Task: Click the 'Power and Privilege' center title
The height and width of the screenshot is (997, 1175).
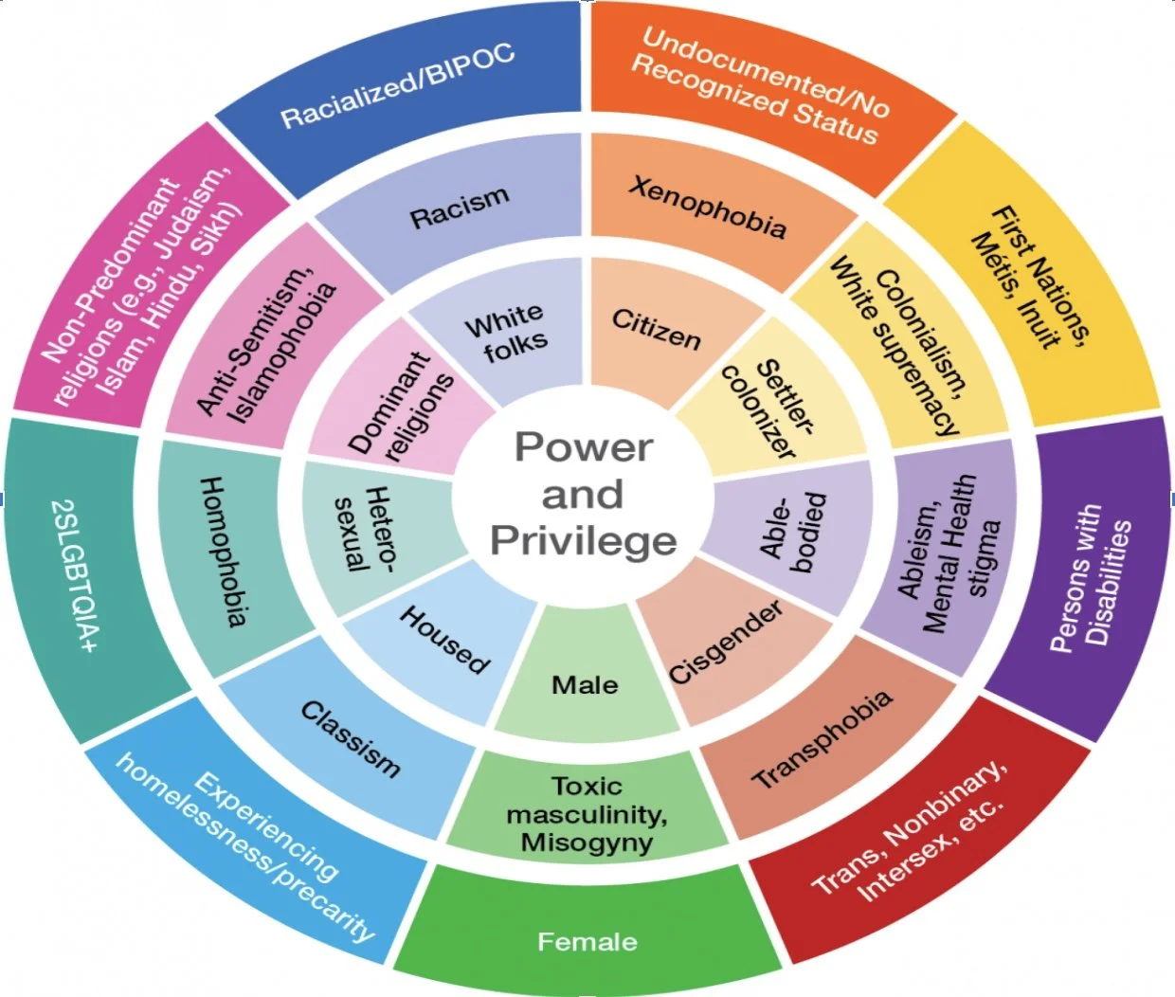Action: pyautogui.click(x=583, y=494)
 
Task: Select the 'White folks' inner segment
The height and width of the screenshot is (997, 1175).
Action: pyautogui.click(x=506, y=334)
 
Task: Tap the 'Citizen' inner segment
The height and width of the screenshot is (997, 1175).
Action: pyautogui.click(x=656, y=328)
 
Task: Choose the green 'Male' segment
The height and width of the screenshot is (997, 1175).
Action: pyautogui.click(x=585, y=684)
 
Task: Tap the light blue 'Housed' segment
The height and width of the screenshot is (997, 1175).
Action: pyautogui.click(x=443, y=640)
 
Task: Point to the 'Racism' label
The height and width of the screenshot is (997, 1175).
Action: pyautogui.click(x=460, y=208)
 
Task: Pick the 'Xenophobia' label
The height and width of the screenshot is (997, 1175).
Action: pyautogui.click(x=707, y=206)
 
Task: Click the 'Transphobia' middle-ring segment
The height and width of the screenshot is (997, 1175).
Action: pyautogui.click(x=822, y=739)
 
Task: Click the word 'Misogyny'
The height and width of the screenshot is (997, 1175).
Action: pyautogui.click(x=587, y=843)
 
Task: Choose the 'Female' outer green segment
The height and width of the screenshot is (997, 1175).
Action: pyautogui.click(x=587, y=941)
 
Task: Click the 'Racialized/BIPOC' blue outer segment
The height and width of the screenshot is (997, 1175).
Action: pyautogui.click(x=398, y=85)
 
